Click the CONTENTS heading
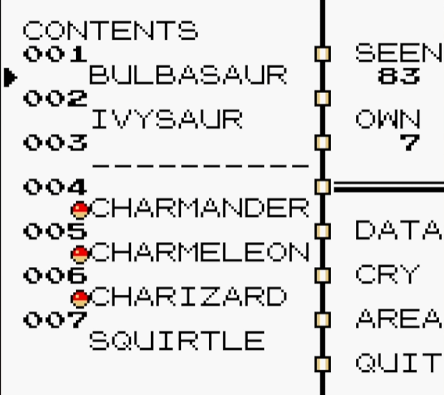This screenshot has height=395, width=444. [110, 31]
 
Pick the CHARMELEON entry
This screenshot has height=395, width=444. [201, 252]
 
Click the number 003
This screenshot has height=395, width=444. [54, 142]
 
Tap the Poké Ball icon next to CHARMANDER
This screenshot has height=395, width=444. [80, 209]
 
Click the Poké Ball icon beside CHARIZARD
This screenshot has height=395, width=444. [80, 297]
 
